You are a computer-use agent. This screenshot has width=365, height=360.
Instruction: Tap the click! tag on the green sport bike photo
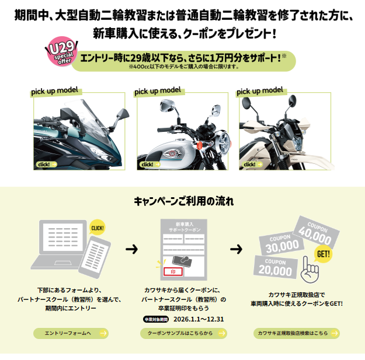[x=46, y=165]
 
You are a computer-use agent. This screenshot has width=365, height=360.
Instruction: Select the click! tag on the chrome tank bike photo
[x=148, y=165]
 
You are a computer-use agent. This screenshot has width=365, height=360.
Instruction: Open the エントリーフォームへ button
[x=71, y=334]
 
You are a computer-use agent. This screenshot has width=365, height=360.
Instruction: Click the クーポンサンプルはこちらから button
[x=183, y=334]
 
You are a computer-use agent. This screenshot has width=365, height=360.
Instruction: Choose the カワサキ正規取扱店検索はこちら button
[x=297, y=334]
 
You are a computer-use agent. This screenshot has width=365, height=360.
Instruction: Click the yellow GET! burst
[x=322, y=254]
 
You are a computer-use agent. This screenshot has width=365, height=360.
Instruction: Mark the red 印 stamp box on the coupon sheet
[x=173, y=271]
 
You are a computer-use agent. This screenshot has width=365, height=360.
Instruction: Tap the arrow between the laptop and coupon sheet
[x=132, y=249]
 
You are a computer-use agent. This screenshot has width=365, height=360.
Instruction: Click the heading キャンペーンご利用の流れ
[x=182, y=202]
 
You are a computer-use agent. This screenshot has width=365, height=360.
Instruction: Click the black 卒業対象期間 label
[x=156, y=319]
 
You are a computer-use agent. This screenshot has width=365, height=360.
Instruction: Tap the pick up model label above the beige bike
[x=260, y=90]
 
